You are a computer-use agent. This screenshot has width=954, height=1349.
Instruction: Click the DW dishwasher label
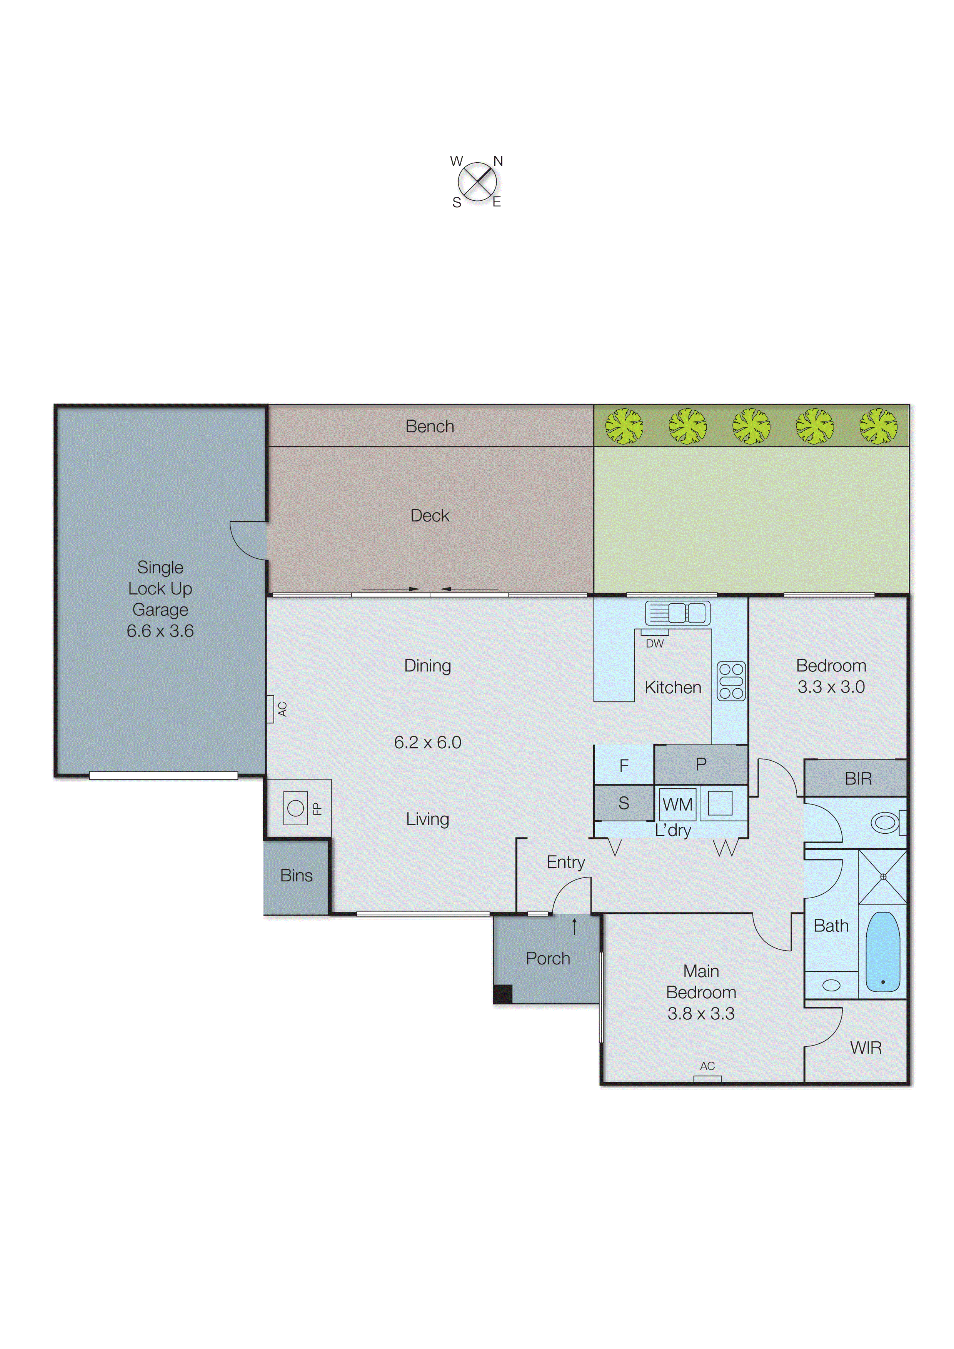click(x=654, y=643)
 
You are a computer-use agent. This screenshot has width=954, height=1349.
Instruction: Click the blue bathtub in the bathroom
click(x=882, y=951)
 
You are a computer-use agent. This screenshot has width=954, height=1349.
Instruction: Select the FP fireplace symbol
click(x=296, y=808)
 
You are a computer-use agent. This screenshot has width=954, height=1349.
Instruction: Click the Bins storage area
click(x=296, y=876)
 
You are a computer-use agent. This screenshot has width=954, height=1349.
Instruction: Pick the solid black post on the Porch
click(x=502, y=994)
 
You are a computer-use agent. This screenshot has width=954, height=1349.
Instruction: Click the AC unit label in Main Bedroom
click(x=707, y=1066)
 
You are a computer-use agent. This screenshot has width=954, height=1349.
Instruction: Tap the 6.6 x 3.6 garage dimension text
click(x=160, y=631)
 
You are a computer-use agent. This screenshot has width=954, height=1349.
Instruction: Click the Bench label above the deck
click(x=430, y=426)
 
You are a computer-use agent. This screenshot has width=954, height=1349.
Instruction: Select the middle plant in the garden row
click(x=751, y=426)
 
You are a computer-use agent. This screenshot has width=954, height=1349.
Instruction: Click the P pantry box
click(x=700, y=764)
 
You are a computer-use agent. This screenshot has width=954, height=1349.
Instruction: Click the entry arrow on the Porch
click(x=574, y=926)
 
